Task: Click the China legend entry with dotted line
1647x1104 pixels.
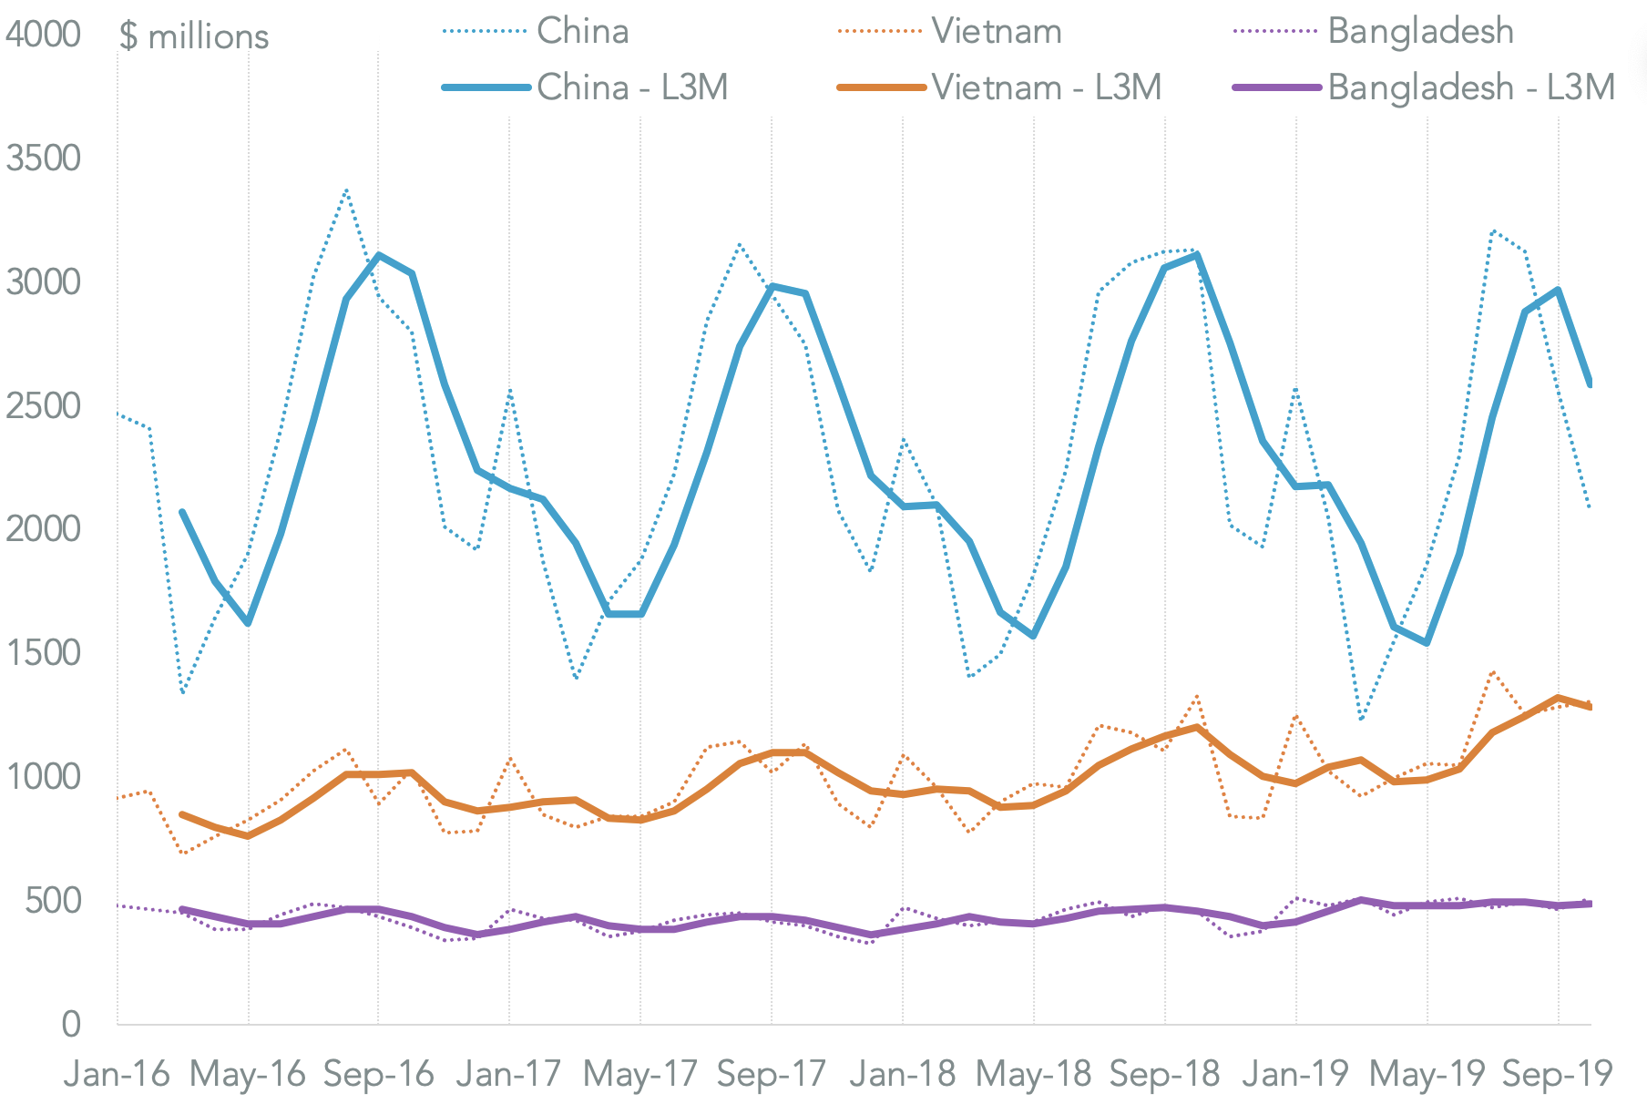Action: (582, 32)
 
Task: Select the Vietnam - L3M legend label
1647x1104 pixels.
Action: (1046, 87)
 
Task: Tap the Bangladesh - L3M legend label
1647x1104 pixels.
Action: (1470, 87)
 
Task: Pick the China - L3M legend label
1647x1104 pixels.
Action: (632, 87)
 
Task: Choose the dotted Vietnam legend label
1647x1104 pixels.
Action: (996, 32)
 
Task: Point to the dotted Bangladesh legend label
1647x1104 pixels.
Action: (1420, 32)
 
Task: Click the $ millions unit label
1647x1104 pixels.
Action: (194, 36)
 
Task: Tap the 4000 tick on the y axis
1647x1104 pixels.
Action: (43, 35)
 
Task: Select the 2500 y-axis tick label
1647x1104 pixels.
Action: (43, 406)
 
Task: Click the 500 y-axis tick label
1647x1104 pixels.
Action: (53, 901)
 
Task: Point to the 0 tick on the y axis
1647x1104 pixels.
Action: (71, 1025)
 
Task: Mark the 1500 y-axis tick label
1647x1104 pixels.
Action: (43, 653)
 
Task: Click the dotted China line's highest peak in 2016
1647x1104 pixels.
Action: (346, 189)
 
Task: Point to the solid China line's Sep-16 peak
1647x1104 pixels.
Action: (379, 255)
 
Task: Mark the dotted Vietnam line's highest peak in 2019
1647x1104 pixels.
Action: (1492, 671)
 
